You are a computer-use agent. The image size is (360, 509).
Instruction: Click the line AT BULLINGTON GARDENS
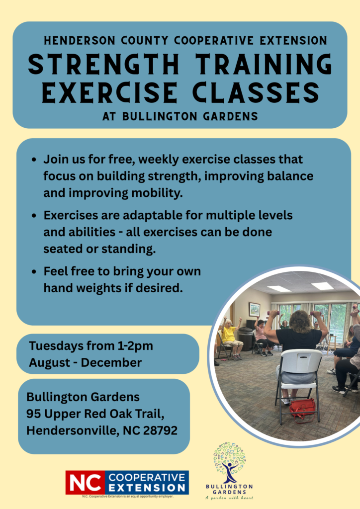(180, 117)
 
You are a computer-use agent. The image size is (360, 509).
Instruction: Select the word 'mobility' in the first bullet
(156, 193)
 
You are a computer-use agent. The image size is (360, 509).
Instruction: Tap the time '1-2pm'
(134, 345)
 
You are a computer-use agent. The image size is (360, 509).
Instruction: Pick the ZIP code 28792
(160, 430)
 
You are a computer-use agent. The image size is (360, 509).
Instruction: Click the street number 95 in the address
(33, 414)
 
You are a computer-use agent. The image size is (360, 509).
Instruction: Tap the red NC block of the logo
(85, 482)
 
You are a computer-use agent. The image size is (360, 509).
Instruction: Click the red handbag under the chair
(302, 408)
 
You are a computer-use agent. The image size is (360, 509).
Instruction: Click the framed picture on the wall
(254, 309)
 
